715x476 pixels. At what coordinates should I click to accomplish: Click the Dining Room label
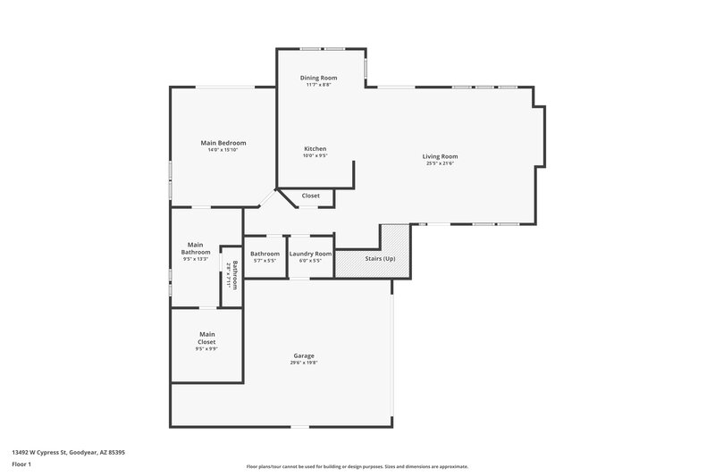click(x=318, y=78)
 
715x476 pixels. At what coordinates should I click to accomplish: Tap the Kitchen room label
click(x=315, y=148)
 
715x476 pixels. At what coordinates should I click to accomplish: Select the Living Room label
click(x=440, y=156)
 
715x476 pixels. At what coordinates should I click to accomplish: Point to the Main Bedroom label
click(x=223, y=143)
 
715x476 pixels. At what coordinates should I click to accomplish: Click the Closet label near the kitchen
click(x=310, y=196)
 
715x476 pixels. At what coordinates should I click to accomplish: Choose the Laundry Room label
click(x=310, y=254)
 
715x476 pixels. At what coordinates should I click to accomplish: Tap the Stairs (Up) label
click(x=380, y=259)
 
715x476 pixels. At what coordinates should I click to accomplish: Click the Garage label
click(x=304, y=355)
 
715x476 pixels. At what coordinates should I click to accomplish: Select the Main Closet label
click(x=206, y=338)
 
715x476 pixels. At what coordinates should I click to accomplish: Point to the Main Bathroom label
click(x=196, y=248)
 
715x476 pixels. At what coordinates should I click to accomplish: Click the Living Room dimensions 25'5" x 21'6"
click(x=440, y=163)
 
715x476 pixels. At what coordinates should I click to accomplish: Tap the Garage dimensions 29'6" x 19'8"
click(x=304, y=363)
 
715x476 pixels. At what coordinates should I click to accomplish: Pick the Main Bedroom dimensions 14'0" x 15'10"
click(x=223, y=150)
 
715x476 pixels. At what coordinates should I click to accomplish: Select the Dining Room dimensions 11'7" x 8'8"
click(x=318, y=85)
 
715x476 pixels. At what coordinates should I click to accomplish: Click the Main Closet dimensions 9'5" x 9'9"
click(x=206, y=349)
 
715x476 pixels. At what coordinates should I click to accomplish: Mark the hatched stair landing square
click(x=394, y=238)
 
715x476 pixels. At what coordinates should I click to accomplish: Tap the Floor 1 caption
click(x=21, y=464)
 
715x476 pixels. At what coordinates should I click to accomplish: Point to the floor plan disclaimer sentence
click(x=357, y=466)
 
